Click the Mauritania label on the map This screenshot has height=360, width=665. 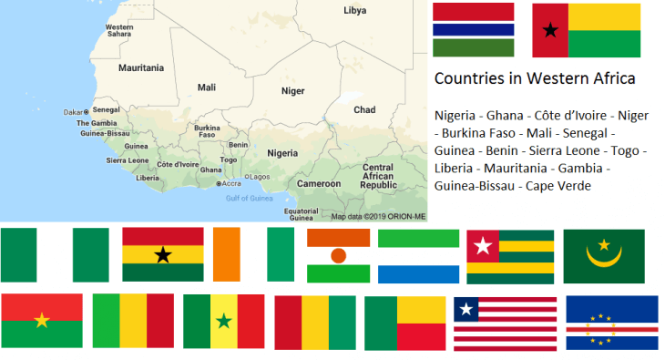(141, 67)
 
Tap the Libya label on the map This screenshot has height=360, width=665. (354, 11)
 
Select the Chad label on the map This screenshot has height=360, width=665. (363, 109)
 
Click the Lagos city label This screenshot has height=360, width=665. (260, 177)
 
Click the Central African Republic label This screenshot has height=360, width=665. (377, 176)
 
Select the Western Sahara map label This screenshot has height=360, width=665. (119, 30)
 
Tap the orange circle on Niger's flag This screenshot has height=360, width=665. (338, 255)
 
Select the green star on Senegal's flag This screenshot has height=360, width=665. (223, 322)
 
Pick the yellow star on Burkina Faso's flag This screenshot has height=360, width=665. (41, 321)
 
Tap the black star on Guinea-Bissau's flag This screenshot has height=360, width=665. (549, 30)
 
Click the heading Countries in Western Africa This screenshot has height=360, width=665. (535, 79)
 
